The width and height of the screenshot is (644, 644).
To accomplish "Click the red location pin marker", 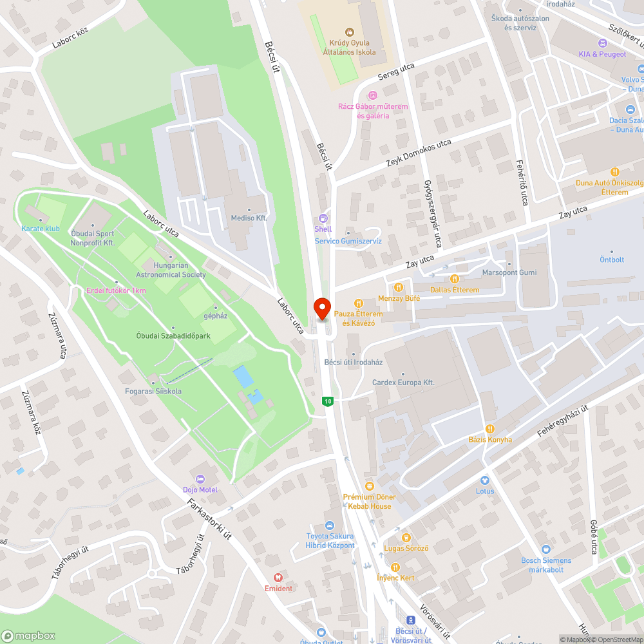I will click(x=321, y=308).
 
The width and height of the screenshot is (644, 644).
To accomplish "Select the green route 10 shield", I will click(x=328, y=401).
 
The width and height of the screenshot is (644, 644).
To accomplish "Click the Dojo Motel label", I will click(x=200, y=489).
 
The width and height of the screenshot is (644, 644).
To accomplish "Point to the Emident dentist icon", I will click(x=278, y=578).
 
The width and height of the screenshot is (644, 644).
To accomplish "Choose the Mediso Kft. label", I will click(x=249, y=218).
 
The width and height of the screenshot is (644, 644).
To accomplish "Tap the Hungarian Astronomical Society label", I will click(x=171, y=270).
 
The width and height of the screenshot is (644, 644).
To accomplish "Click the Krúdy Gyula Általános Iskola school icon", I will click(x=349, y=31).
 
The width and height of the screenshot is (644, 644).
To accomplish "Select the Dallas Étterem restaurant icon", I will click(x=455, y=279).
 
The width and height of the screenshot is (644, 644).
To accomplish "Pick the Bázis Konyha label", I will click(x=490, y=439).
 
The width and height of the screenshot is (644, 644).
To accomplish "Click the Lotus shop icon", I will click(x=485, y=480).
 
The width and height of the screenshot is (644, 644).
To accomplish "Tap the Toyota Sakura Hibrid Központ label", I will click(x=330, y=541).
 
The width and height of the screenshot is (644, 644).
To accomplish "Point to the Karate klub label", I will click(x=40, y=229).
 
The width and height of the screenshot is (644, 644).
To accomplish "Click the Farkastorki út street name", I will click(x=207, y=518).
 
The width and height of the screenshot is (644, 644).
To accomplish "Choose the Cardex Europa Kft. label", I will click(x=403, y=383).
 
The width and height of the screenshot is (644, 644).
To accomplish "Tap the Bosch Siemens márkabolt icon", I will click(x=546, y=549).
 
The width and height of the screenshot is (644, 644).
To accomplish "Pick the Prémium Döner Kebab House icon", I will click(x=369, y=486).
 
